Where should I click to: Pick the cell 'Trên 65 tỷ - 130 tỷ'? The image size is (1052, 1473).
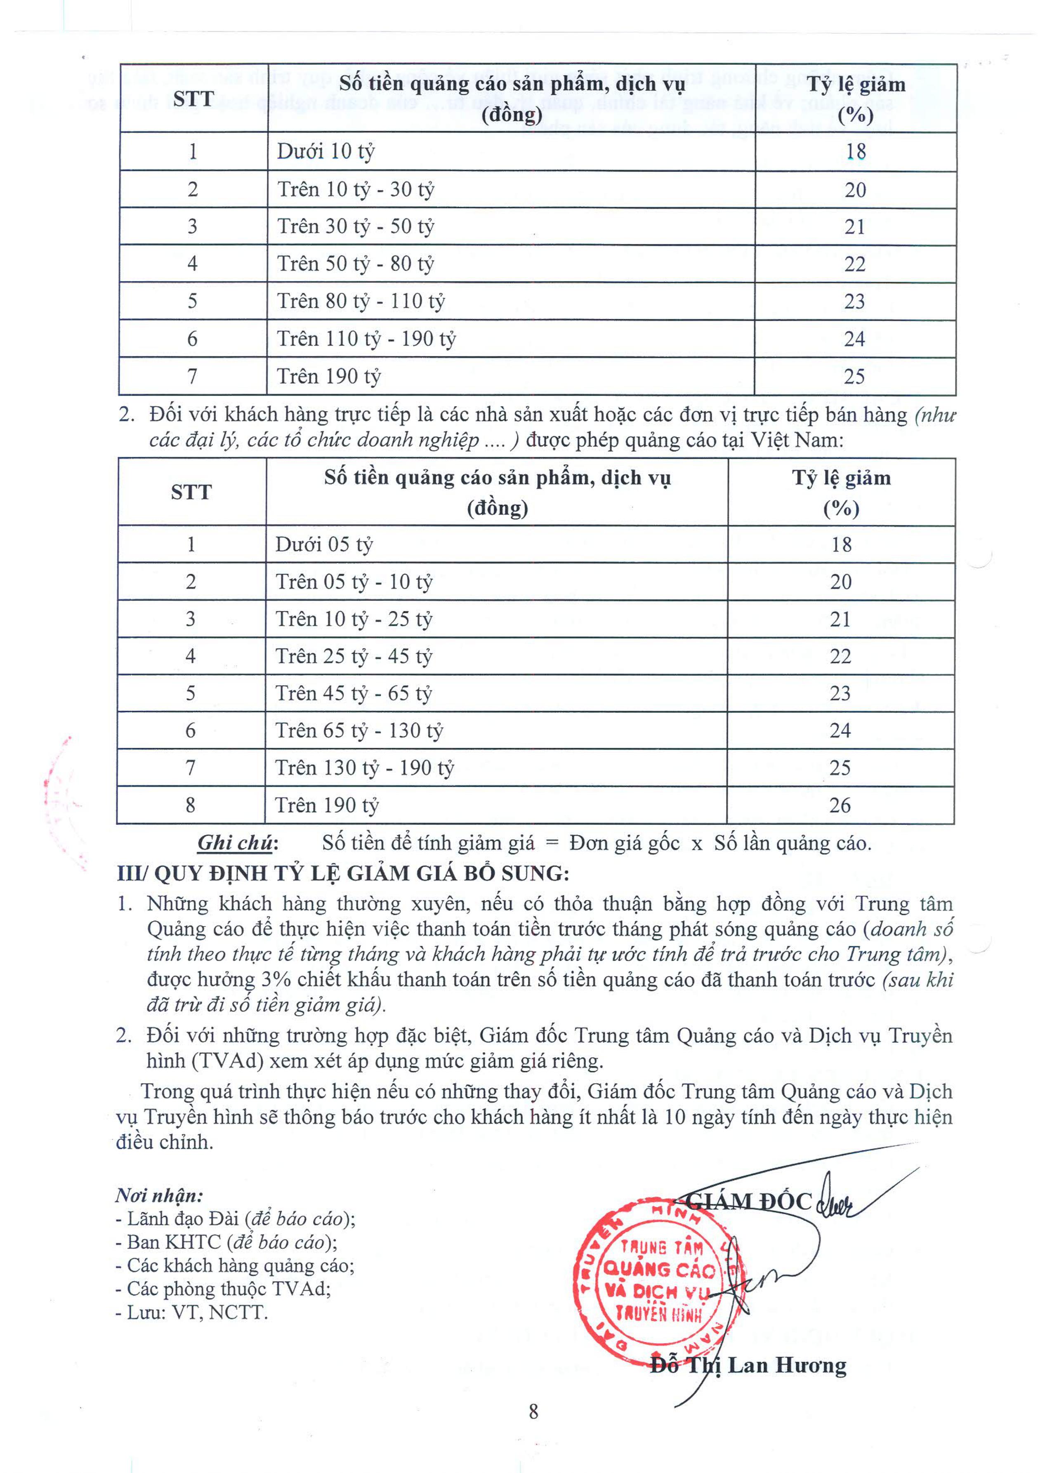[x=359, y=731]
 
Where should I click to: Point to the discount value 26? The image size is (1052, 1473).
[x=840, y=805]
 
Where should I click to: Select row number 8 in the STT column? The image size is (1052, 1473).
[x=191, y=805]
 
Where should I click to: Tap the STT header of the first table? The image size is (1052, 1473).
[x=193, y=99]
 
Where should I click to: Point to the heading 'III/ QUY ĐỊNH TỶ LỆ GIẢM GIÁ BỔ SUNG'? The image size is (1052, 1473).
[x=343, y=874]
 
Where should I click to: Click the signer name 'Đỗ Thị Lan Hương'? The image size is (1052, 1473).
[x=748, y=1365]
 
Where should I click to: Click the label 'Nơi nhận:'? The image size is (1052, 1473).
[x=159, y=1195]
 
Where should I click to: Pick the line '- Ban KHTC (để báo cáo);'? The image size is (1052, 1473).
[x=227, y=1242]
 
